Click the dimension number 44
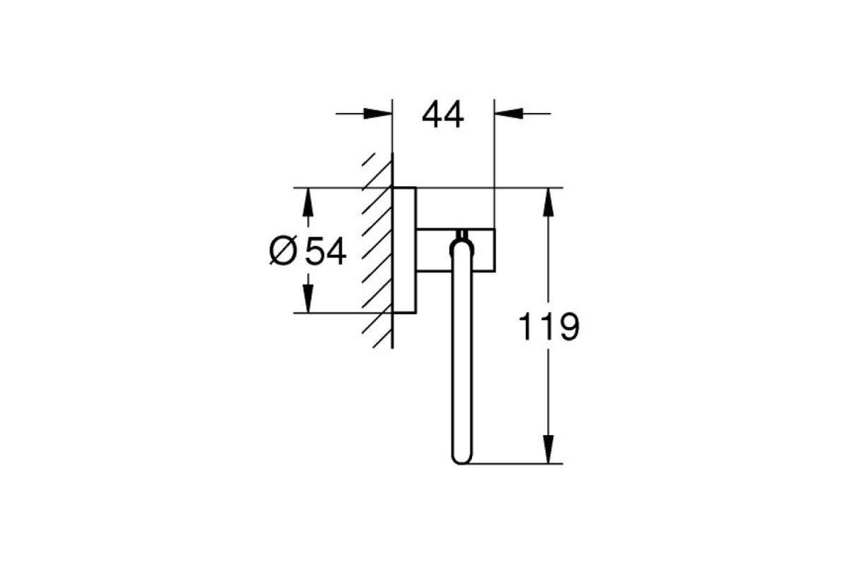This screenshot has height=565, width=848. (442, 115)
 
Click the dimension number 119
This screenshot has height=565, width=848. (548, 326)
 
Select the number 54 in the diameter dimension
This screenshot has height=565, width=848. (326, 251)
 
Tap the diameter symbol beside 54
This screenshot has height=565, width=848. (283, 251)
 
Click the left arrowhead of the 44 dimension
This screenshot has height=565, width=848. (378, 114)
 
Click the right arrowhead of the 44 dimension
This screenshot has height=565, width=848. (509, 114)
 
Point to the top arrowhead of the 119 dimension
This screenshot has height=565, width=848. (548, 203)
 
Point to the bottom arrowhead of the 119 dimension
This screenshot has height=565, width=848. (548, 449)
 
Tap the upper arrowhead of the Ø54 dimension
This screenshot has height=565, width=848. (308, 203)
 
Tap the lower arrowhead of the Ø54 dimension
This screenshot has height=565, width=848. (308, 299)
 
